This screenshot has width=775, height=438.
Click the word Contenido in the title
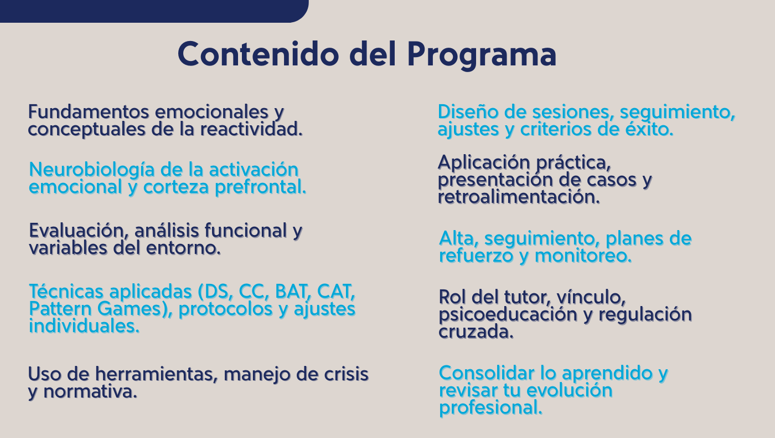(x=258, y=54)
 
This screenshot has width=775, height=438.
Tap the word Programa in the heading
(x=482, y=55)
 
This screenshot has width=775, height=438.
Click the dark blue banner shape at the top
(x=154, y=11)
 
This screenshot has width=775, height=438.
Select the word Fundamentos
(x=89, y=112)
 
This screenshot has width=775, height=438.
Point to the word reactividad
(x=251, y=129)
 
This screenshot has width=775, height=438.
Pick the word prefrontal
(x=261, y=187)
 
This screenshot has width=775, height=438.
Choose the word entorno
(x=183, y=248)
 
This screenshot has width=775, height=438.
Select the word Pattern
(x=60, y=309)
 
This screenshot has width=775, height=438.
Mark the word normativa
(x=90, y=392)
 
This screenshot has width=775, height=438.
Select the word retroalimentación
(x=519, y=197)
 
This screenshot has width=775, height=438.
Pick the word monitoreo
(x=583, y=256)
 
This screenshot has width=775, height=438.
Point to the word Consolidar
(x=487, y=373)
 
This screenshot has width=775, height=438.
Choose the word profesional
(x=490, y=408)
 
